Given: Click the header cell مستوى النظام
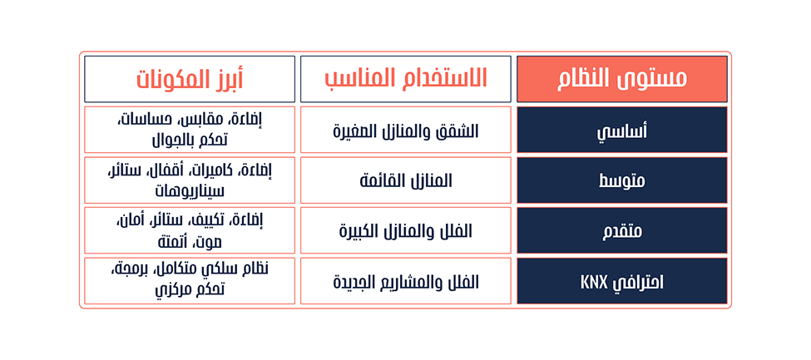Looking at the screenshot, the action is [621, 79].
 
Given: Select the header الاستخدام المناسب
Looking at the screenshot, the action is [406, 79].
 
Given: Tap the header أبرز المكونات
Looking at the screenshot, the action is [190, 79].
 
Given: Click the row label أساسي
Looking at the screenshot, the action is [621, 130].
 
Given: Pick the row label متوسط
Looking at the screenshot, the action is [621, 180].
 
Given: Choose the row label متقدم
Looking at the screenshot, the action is [621, 230].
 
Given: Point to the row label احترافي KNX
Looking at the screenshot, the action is [621, 281].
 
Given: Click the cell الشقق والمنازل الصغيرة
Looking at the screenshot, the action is [406, 130].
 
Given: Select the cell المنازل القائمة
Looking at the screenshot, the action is [406, 180].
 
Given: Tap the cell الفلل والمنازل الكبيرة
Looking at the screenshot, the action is [406, 230].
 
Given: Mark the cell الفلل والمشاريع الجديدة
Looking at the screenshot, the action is [406, 281].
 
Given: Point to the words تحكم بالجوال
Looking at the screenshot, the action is [190, 140].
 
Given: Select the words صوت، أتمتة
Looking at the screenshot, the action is [190, 241].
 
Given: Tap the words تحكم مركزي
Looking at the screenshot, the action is [190, 291].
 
